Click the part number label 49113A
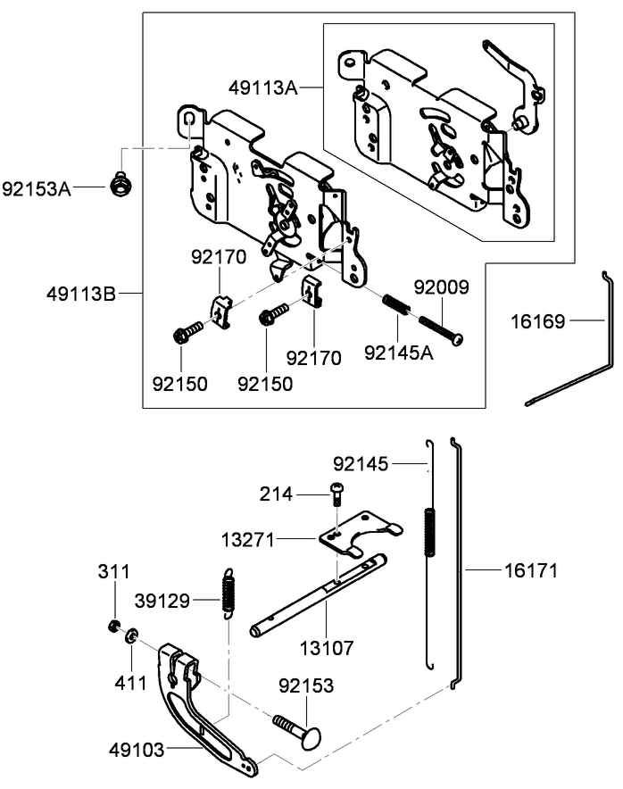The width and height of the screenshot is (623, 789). [263, 87]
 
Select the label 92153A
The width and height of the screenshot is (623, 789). [37, 188]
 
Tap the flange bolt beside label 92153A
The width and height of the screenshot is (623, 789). [117, 185]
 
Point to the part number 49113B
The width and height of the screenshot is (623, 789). [81, 293]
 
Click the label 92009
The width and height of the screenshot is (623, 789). [441, 287]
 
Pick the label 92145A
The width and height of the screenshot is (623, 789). [399, 352]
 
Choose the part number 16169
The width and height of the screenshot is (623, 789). [538, 321]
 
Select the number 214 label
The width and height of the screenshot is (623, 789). [277, 493]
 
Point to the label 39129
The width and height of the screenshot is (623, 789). [162, 601]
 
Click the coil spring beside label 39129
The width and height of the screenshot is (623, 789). [228, 590]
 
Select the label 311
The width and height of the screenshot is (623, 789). [112, 571]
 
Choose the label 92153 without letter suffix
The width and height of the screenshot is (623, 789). [306, 685]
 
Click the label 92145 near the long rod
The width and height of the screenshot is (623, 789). [362, 463]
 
